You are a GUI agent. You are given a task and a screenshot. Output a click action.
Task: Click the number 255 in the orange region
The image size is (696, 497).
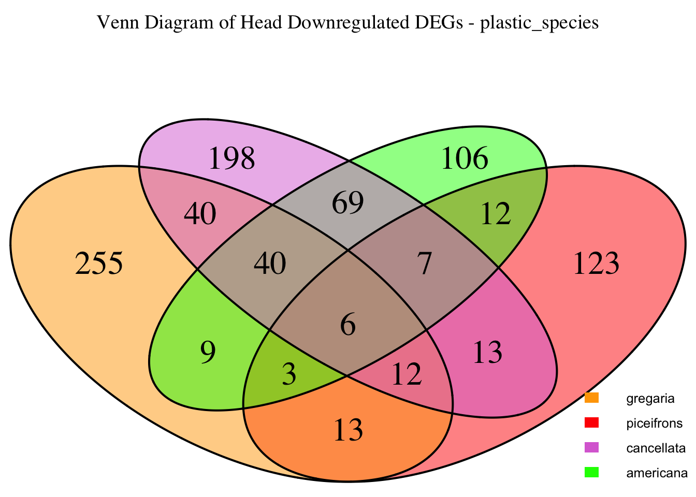[99, 264]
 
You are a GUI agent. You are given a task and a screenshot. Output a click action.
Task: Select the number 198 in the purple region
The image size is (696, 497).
[231, 158]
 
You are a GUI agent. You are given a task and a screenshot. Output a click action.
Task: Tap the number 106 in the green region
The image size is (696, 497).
[465, 158]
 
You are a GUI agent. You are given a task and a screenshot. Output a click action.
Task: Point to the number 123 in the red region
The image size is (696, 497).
[596, 264]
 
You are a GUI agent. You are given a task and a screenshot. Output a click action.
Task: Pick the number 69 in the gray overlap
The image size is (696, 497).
[347, 202]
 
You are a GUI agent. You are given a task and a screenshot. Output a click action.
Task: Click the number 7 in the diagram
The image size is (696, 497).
[424, 265]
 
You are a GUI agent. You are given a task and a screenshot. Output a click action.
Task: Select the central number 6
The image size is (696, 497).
[348, 326]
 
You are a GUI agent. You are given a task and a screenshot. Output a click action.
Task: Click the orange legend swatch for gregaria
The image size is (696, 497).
[591, 398]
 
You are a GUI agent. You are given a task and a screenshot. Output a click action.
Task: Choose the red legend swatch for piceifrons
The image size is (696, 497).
[591, 423]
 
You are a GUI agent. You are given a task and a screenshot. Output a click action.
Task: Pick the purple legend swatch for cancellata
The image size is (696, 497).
[591, 447]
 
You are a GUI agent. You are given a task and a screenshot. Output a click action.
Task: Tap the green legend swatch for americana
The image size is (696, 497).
[591, 472]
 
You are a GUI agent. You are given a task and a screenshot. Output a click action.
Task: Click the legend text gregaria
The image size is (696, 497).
[650, 399]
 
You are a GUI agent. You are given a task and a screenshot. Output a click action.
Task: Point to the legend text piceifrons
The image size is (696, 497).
[654, 423]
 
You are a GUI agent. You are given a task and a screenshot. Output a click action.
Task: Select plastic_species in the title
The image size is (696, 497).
[540, 23]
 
